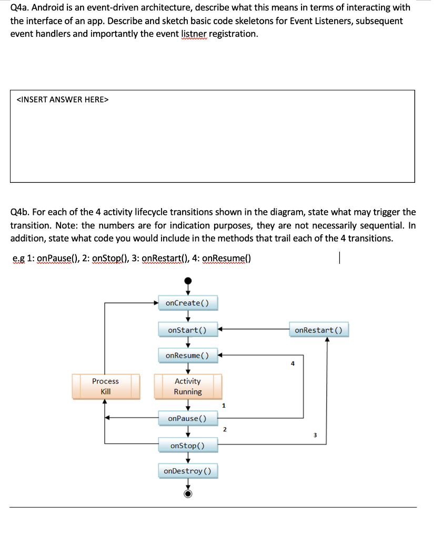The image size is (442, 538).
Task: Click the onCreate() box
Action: click(187, 303)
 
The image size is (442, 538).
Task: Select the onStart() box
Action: click(187, 330)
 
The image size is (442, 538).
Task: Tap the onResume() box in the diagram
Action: click(187, 356)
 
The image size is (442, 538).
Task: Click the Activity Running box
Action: click(188, 386)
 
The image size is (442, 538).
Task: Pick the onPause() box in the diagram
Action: click(187, 419)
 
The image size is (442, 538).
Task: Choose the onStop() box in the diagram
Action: click(187, 446)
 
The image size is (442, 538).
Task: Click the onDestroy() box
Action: click(187, 471)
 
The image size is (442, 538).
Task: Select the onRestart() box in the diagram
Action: click(318, 330)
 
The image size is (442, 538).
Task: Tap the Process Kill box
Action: click(105, 386)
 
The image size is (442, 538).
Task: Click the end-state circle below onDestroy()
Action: click(187, 493)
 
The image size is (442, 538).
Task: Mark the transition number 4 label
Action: click(293, 363)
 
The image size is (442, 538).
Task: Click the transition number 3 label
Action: click(315, 434)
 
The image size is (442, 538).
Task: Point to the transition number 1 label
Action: click(224, 405)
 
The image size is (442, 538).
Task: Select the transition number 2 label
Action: click(225, 430)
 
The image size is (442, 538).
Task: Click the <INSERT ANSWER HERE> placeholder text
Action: click(63, 99)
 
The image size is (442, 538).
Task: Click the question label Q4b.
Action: click(20, 212)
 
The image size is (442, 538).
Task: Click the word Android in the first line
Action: click(48, 8)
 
